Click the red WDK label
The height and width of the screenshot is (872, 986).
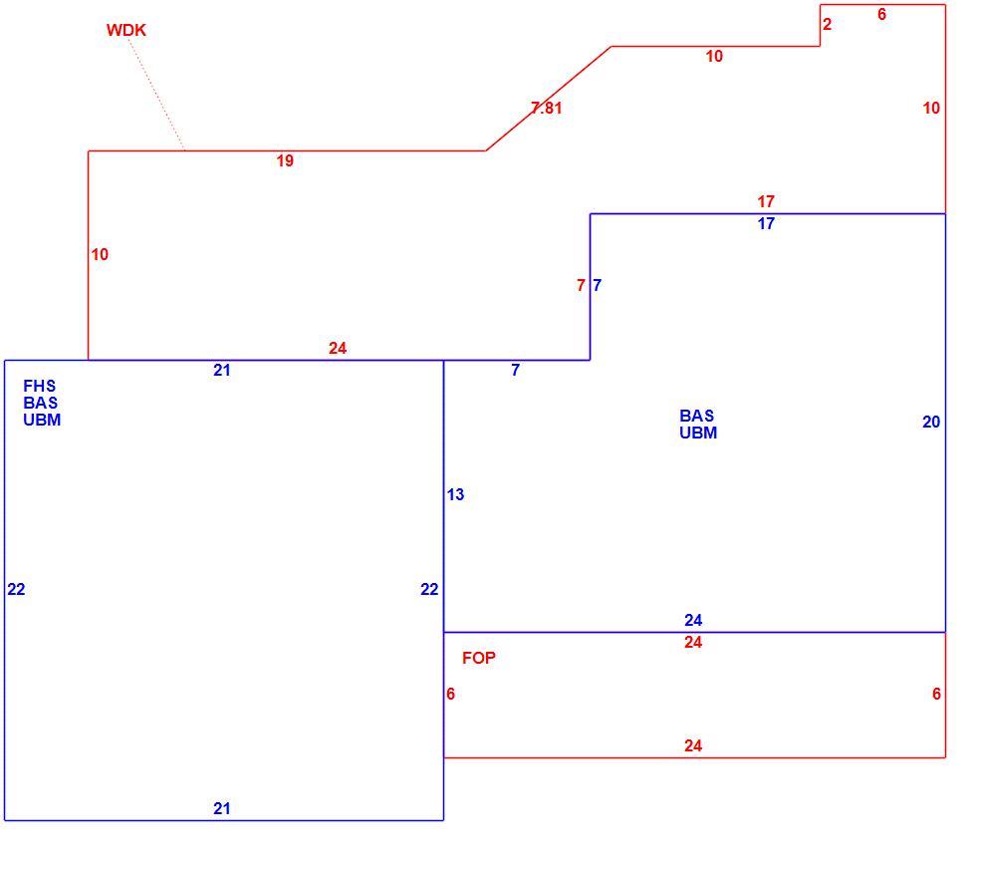(125, 30)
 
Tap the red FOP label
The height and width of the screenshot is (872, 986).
(478, 658)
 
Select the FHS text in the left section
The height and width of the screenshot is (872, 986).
(39, 386)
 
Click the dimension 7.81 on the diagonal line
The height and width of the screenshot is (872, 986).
(546, 109)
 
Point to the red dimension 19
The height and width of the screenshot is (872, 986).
(285, 161)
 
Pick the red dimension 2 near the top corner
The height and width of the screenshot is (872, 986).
(827, 24)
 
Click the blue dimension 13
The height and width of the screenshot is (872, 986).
(455, 495)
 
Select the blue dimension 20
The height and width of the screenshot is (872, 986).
(930, 423)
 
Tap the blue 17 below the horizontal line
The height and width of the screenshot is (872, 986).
(765, 224)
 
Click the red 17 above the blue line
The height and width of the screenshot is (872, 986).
(765, 201)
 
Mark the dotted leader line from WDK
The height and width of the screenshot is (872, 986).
(156, 94)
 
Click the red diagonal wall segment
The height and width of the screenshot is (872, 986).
(549, 98)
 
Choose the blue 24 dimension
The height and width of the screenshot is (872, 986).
(693, 620)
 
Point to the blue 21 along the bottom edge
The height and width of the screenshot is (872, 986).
(221, 808)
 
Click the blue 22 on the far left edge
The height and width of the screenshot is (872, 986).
(16, 590)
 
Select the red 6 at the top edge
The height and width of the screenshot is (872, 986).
(881, 14)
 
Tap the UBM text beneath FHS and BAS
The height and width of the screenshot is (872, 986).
(42, 420)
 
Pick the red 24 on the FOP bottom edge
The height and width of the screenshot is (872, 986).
(693, 745)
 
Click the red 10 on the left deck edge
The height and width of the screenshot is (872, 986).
(100, 255)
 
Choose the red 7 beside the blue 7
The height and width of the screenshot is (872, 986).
(581, 286)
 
